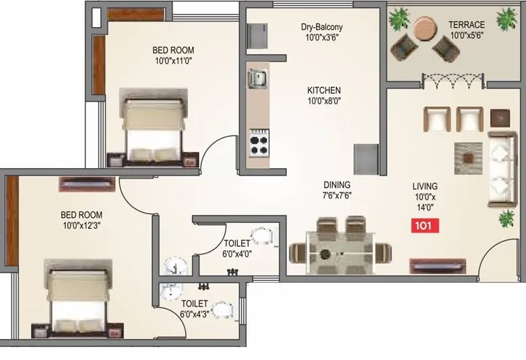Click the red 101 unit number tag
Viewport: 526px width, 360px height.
click(x=425, y=225)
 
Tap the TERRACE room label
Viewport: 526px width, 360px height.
click(x=466, y=25)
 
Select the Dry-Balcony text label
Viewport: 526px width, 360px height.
click(x=322, y=27)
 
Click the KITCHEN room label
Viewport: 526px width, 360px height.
click(x=324, y=90)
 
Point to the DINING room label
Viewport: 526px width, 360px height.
click(x=336, y=184)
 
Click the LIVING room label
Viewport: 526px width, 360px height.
click(x=425, y=186)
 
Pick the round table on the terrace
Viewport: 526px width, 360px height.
click(x=425, y=29)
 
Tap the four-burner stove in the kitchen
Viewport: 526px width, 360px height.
click(x=258, y=143)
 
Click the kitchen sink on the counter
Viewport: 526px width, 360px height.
click(x=258, y=78)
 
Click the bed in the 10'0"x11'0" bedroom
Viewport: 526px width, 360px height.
click(x=153, y=129)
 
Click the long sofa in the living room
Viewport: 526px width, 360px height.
click(x=502, y=169)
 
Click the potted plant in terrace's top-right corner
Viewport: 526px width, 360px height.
click(x=506, y=20)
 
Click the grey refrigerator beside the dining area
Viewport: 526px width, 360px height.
click(x=365, y=159)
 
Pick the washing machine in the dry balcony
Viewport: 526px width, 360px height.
click(x=257, y=36)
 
